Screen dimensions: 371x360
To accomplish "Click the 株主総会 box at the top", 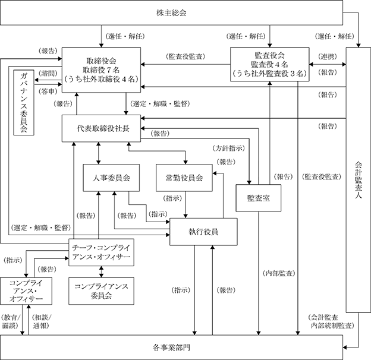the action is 171,12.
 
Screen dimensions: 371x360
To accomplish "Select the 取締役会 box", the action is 101,70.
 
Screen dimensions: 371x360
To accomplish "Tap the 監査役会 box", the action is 270,64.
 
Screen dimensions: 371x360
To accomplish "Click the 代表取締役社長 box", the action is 101,128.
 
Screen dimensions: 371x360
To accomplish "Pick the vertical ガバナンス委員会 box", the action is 24,102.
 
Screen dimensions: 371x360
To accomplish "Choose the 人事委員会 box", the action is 111,178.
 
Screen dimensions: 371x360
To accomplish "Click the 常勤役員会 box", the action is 184,178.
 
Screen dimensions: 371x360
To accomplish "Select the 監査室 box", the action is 259,198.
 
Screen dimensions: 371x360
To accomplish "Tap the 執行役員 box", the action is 203,232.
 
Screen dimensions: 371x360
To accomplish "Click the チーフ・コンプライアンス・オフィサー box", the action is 101,252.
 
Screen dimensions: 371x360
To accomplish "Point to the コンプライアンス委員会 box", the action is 101,291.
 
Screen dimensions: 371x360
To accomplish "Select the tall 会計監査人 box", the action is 359,180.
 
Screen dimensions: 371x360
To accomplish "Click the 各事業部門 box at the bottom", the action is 171,348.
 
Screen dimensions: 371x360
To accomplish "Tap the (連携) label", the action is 328,56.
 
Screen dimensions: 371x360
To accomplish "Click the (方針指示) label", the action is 229,148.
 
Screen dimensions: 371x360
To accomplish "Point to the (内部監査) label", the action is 279,273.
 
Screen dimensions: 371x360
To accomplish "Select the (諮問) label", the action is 48,74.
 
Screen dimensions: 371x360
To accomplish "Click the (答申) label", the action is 48,91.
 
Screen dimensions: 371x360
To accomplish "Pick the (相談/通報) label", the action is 42,321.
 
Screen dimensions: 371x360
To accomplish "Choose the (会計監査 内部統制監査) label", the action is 331,321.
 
